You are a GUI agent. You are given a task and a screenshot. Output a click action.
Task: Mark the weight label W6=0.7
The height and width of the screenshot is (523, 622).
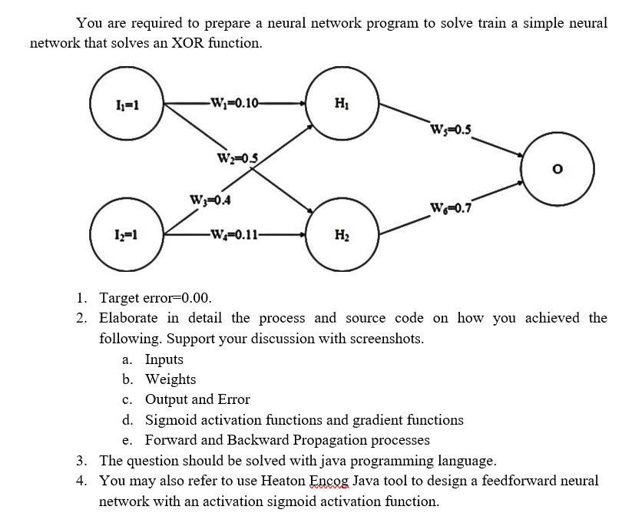(x=452, y=207)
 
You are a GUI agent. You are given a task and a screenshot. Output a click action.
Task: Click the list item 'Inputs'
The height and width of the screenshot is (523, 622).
(x=164, y=359)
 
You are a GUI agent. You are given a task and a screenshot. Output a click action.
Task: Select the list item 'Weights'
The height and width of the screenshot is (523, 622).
(x=170, y=379)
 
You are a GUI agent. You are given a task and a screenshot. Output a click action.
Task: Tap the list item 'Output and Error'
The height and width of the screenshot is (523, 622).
(x=197, y=399)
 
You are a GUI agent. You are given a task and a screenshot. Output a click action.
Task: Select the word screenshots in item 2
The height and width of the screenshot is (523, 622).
(x=385, y=339)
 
